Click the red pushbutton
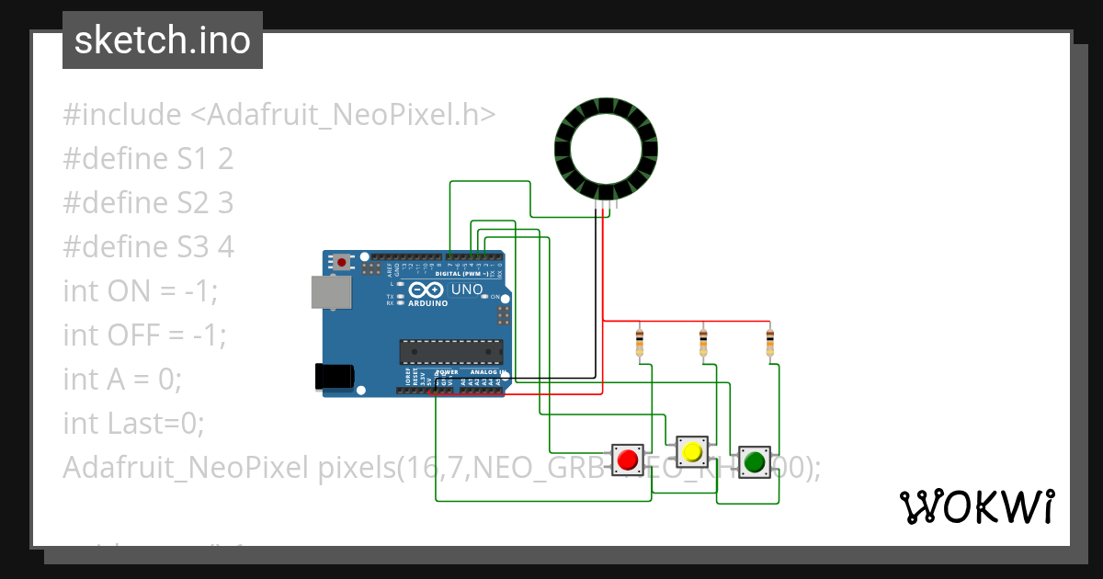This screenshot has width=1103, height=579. pos(629,459)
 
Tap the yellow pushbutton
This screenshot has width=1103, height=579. pos(691,451)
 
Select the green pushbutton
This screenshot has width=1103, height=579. pos(755,460)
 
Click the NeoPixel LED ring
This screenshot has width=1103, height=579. pos(607,147)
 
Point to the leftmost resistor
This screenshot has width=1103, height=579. pos(640,343)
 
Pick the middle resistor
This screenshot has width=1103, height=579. pos(703,343)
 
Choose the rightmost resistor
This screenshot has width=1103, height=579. pos(770,343)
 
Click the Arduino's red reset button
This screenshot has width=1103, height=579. pos(343,262)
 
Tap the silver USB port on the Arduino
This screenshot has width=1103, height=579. pos(330,292)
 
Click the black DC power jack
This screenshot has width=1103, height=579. pos(333,376)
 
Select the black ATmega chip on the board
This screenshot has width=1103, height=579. pos(451,352)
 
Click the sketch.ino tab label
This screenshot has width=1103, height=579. pos(163,40)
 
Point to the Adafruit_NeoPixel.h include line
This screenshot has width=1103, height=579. pos(279,115)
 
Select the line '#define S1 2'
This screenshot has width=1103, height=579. pos(148,159)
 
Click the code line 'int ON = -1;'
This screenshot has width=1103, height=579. pos(141,291)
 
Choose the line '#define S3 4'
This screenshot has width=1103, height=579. pos(148,247)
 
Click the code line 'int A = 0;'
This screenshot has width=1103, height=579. pos(122,380)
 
